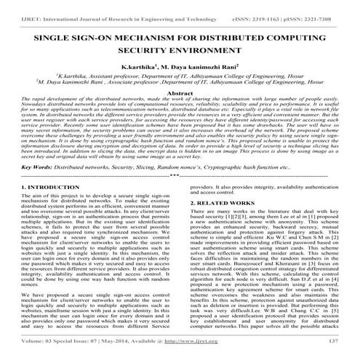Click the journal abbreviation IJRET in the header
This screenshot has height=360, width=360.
pyautogui.click(x=17, y=7)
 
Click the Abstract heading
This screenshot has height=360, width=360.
pyautogui.click(x=180, y=94)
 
